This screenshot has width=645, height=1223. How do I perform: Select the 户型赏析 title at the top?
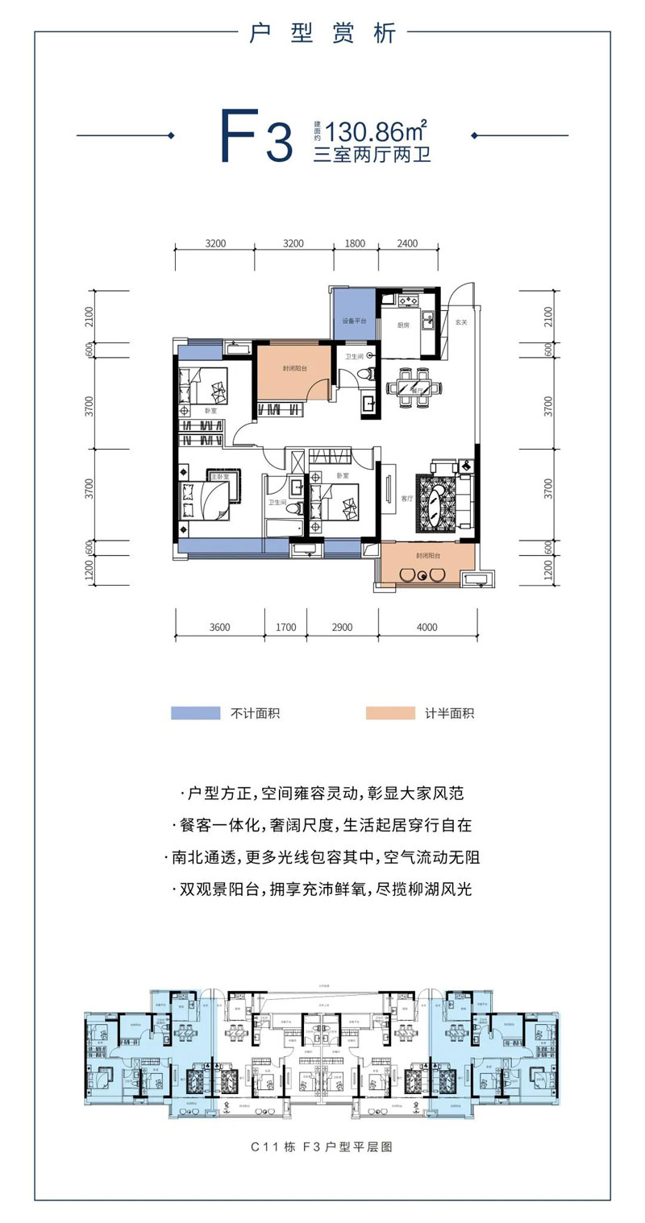[322, 34]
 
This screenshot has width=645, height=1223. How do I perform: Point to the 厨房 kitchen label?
[403, 326]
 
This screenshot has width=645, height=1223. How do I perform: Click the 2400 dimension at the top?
[407, 244]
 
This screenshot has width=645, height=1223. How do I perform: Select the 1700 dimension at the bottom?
[285, 627]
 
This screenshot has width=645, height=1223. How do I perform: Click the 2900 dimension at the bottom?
[343, 627]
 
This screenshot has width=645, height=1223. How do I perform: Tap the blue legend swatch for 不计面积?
[195, 713]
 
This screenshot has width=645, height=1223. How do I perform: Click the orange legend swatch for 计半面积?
[389, 713]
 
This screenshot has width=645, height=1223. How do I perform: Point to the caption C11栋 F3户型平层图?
[322, 1146]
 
